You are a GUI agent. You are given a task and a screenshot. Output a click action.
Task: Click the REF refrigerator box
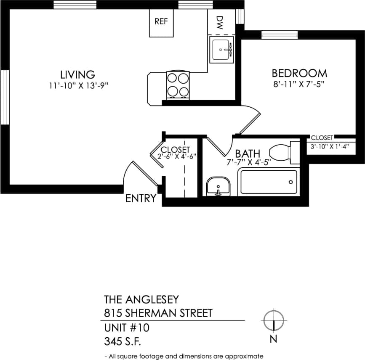click(161, 23)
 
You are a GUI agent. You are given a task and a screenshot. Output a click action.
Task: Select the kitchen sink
click(221, 49)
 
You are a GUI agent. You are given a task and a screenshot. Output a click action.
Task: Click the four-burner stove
click(178, 85)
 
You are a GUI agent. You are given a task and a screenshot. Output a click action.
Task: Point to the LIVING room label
click(77, 75)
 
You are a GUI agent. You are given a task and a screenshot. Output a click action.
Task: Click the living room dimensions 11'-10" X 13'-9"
click(79, 86)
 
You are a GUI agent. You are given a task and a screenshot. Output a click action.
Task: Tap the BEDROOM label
click(299, 73)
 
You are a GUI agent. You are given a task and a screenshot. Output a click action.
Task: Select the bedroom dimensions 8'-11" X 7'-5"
click(300, 84)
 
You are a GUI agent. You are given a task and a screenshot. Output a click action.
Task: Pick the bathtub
click(269, 182)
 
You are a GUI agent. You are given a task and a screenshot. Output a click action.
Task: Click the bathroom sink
click(218, 186)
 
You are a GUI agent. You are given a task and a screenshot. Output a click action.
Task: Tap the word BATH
click(248, 154)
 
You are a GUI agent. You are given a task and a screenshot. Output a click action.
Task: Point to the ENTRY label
click(141, 199)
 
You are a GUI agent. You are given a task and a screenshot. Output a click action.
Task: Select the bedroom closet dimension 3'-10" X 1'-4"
click(330, 147)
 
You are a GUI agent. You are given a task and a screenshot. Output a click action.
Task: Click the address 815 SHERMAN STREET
click(158, 313)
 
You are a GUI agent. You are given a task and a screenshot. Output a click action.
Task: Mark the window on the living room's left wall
click(5, 98)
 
